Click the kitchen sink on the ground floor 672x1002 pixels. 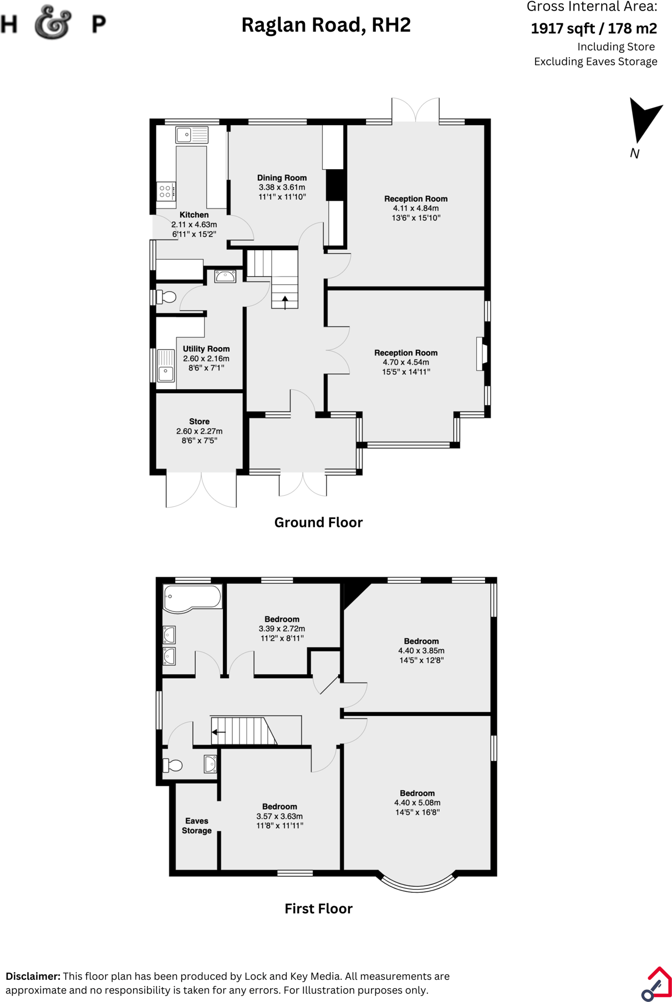192,135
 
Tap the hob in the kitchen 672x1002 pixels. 165,192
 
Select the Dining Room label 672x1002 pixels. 282,178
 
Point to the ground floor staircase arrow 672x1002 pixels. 285,302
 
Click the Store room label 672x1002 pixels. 199,421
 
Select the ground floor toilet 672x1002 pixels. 167,297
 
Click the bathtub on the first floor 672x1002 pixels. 192,599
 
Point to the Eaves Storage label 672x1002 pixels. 197,826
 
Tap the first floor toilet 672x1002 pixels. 172,766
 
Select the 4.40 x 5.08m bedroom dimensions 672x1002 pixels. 418,803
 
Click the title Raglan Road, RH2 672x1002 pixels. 326,25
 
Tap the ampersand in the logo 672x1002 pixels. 53,23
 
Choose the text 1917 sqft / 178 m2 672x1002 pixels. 594,28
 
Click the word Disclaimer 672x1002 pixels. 33,976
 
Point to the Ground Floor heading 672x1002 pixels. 318,522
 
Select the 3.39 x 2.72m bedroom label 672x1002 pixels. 282,629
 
